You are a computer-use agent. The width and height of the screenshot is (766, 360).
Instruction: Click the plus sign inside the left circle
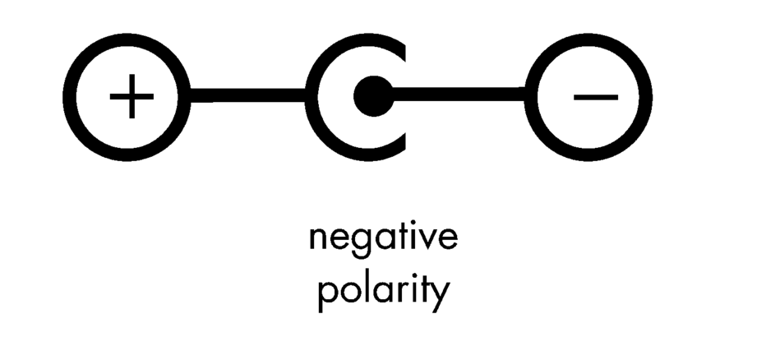pyautogui.click(x=132, y=96)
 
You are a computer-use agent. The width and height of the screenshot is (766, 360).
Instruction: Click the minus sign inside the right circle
pyautogui.click(x=596, y=97)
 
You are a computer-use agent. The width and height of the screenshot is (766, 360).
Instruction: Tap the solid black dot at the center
pyautogui.click(x=374, y=96)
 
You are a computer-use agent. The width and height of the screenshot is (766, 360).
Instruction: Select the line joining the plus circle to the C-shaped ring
pyautogui.click(x=247, y=95)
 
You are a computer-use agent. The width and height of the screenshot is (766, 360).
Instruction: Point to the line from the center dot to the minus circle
pyautogui.click(x=459, y=94)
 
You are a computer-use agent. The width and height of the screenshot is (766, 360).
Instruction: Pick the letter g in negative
pyautogui.click(x=362, y=242)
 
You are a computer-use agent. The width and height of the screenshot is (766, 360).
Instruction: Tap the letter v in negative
pyautogui.click(x=426, y=239)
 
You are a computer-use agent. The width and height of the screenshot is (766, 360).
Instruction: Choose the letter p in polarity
pyautogui.click(x=328, y=297)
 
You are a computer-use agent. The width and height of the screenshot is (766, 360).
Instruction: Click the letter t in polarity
pyautogui.click(x=426, y=289)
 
